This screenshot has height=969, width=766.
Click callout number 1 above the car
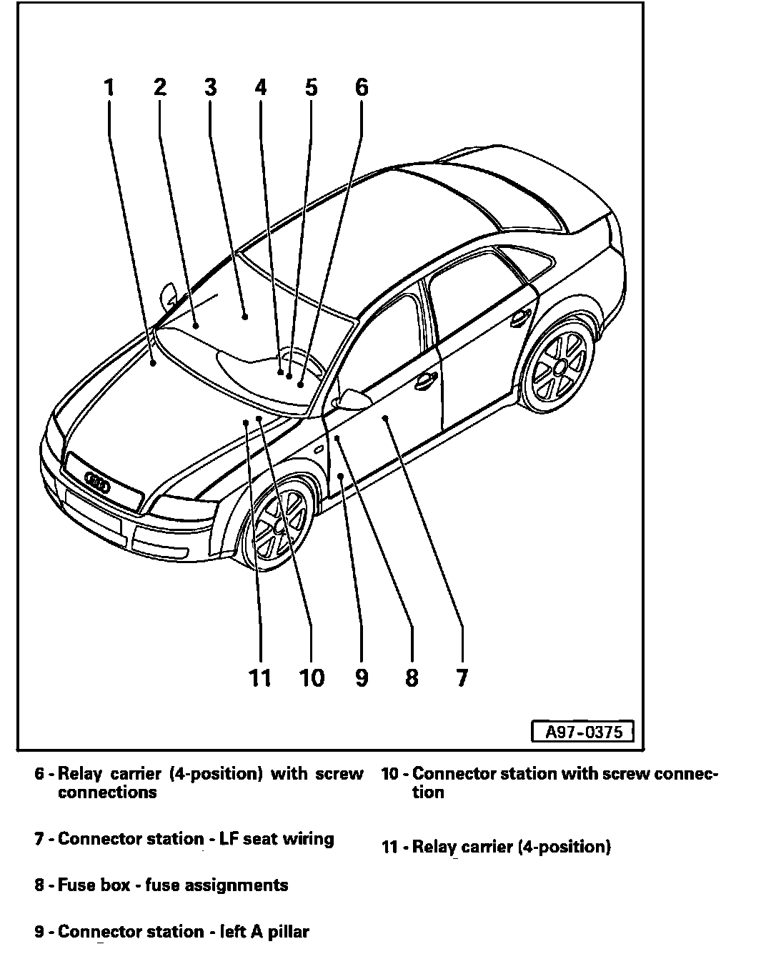pos(109,88)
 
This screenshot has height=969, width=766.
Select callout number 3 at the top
pos(210,88)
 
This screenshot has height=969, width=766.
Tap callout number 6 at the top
pos(362,88)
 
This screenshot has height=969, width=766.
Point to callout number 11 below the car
pos(260,677)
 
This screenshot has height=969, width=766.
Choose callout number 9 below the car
pos(362,677)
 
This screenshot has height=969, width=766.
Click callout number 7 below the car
pos(462,677)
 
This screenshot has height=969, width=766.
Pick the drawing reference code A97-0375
pos(583,732)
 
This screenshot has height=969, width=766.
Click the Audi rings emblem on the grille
pos(97,484)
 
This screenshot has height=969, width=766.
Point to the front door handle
pos(426,381)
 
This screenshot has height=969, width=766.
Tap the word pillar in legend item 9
pos(288,932)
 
